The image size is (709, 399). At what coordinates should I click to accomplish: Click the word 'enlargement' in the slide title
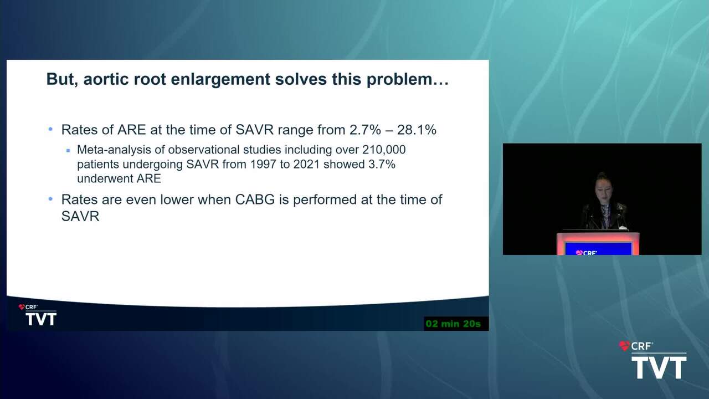[220, 79]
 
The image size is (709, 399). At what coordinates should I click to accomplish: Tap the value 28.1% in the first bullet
[417, 130]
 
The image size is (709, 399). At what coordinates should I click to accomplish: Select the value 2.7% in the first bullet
[365, 130]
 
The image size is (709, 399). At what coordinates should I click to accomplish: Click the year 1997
[263, 165]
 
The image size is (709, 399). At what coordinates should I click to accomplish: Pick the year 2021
[306, 165]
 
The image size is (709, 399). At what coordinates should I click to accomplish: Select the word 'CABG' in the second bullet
[255, 200]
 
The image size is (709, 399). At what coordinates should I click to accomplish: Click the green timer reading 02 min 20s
[453, 324]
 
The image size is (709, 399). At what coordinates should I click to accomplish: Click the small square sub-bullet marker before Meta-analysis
[68, 151]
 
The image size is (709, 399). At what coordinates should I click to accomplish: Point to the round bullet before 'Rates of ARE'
[50, 129]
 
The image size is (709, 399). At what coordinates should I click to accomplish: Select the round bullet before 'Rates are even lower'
[50, 199]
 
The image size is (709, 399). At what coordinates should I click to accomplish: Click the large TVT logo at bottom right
[659, 367]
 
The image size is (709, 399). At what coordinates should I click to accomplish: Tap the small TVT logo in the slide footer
[41, 319]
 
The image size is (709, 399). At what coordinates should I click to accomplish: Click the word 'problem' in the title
[399, 79]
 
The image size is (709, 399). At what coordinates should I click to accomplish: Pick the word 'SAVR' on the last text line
[80, 217]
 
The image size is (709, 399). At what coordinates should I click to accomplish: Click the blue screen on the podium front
[598, 249]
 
